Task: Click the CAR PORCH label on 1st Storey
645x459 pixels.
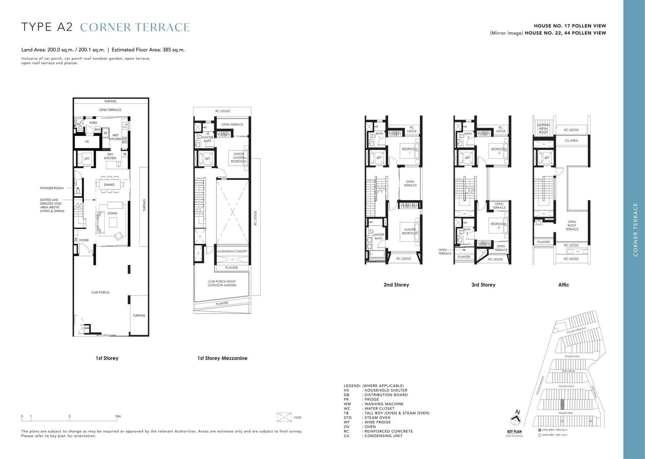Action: [x=100, y=292]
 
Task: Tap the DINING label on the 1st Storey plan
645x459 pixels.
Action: [x=109, y=185]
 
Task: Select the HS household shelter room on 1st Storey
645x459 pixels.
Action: [x=87, y=142]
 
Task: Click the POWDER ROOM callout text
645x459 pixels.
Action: [x=52, y=188]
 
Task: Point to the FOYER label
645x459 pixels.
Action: [x=84, y=240]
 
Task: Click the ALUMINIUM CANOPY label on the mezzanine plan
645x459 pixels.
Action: [x=232, y=251]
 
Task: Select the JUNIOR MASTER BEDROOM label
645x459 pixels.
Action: [x=238, y=158]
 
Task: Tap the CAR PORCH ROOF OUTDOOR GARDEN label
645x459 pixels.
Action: [x=222, y=284]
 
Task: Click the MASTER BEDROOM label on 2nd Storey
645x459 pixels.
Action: [x=410, y=232]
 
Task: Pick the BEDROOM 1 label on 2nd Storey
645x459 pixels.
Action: [x=410, y=151]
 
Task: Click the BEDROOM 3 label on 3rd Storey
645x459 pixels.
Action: [x=499, y=225]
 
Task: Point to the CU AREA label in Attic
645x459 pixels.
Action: [x=571, y=141]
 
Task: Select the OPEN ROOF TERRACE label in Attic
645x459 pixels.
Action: [x=572, y=225]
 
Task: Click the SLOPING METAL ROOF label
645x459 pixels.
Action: [x=543, y=129]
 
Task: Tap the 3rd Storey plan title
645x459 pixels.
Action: [x=483, y=285]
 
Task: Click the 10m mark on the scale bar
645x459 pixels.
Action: [x=118, y=416]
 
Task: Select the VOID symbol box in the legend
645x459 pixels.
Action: [x=284, y=417]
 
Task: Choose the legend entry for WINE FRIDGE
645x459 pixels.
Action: [x=377, y=422]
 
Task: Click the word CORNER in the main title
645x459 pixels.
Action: [x=106, y=27]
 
